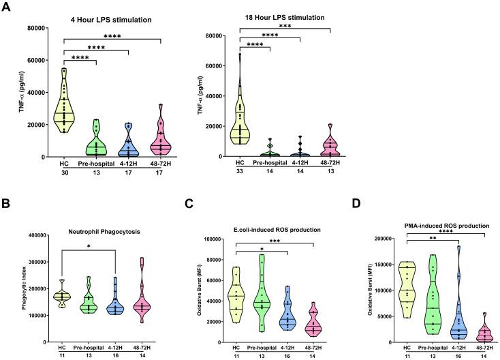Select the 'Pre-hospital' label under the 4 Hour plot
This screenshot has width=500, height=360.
[94, 164]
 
